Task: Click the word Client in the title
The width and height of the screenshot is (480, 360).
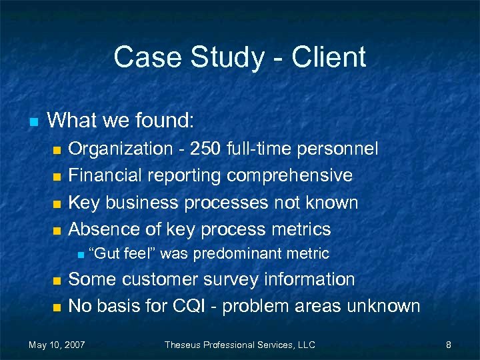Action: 331,57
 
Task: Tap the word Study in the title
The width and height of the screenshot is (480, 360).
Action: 227,57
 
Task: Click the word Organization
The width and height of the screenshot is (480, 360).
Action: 120,149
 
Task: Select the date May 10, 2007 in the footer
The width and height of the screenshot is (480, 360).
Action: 57,345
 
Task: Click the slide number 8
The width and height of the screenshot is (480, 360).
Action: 449,345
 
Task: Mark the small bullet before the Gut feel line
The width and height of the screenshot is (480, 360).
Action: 79,254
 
